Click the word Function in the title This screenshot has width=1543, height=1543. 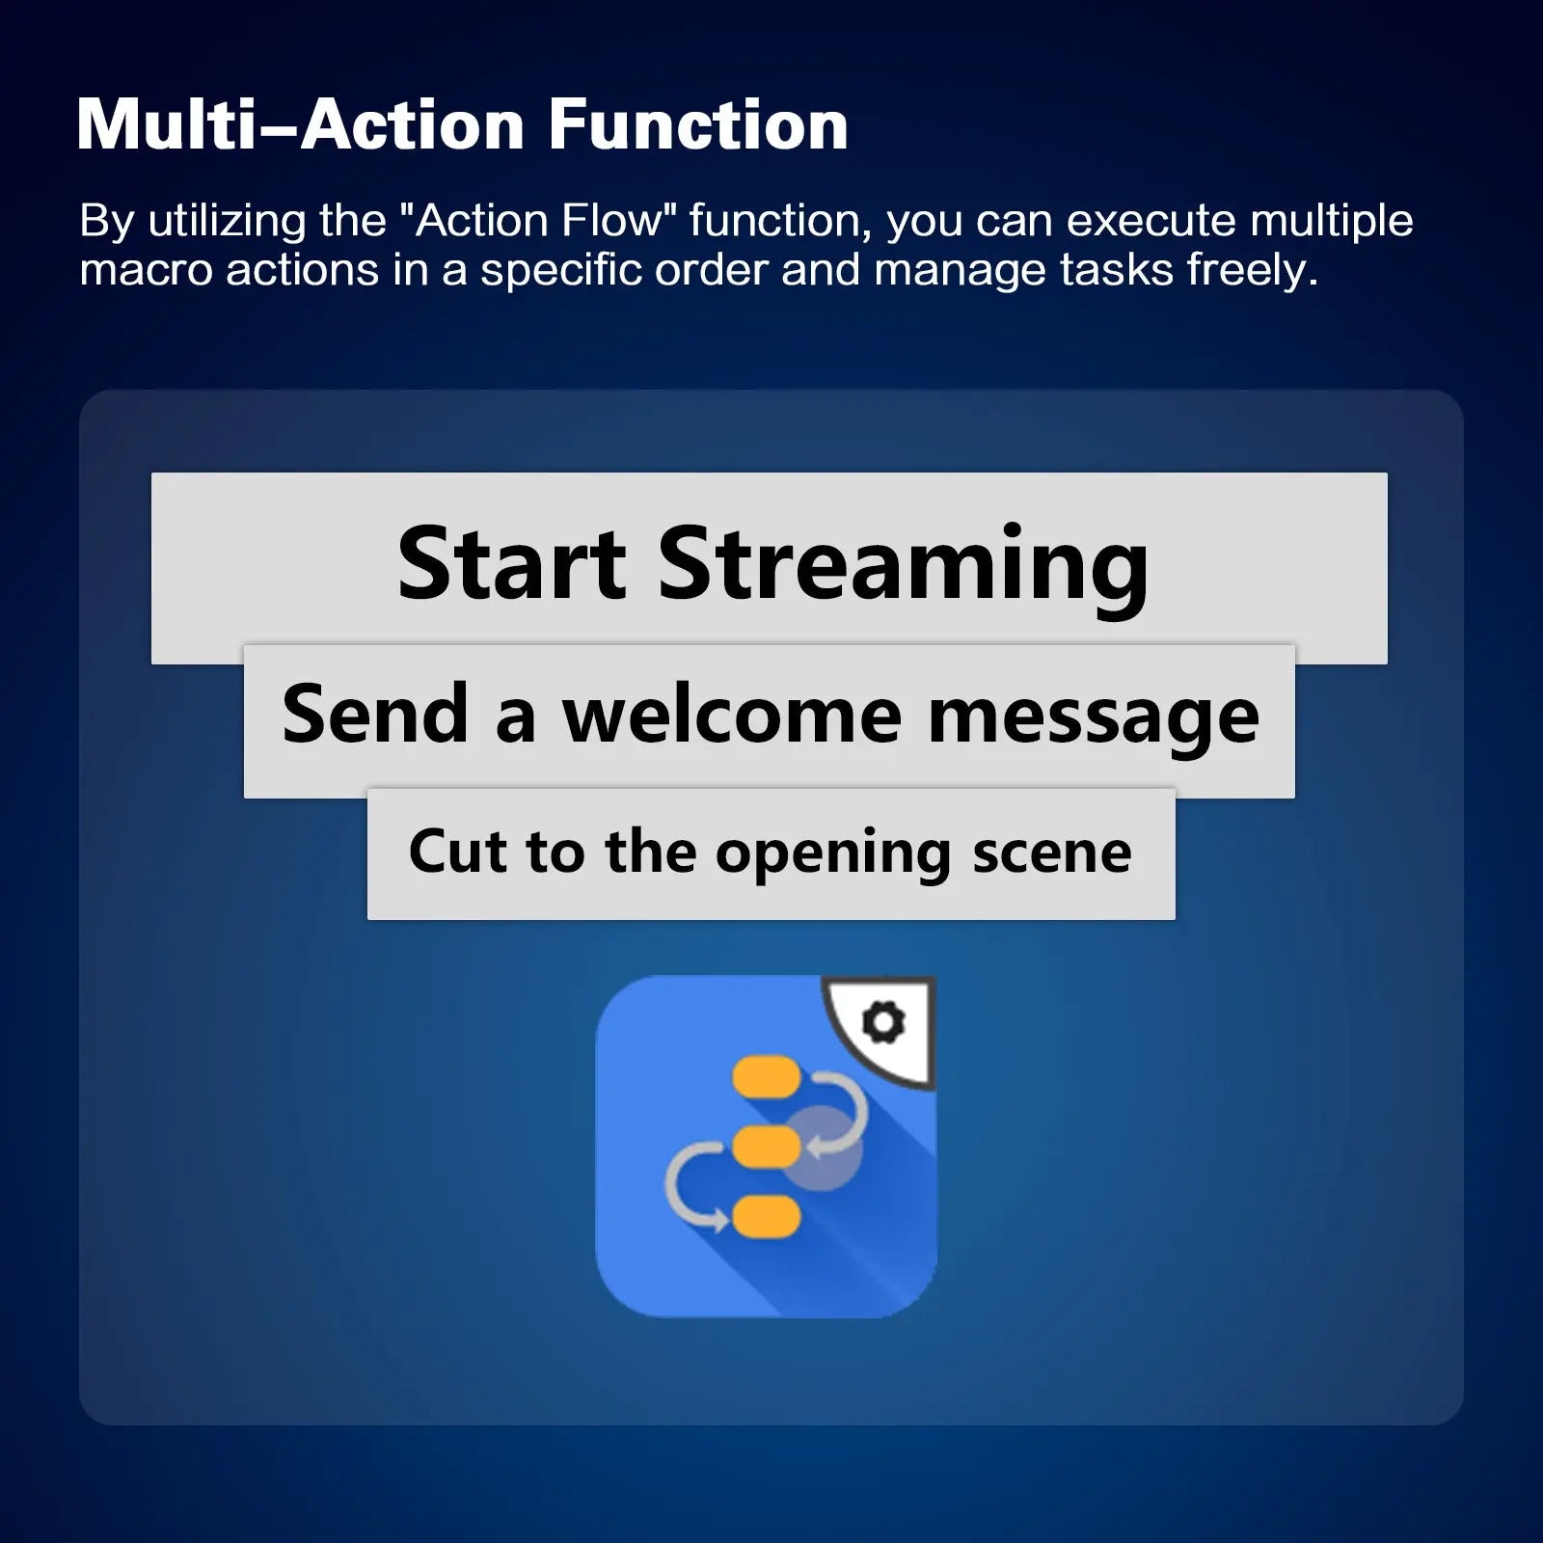point(698,125)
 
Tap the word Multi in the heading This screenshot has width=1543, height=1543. point(165,125)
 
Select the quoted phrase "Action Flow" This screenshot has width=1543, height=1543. point(538,220)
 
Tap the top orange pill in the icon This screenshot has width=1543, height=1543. point(766,1078)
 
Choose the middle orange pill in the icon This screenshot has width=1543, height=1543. point(766,1148)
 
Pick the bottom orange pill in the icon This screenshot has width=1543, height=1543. point(766,1217)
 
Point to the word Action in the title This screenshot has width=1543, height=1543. point(413,125)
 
